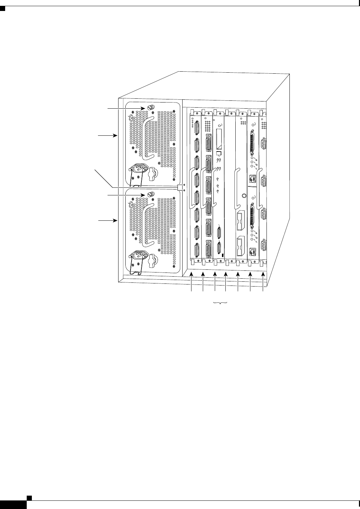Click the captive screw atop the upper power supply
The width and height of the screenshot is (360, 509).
coord(150,107)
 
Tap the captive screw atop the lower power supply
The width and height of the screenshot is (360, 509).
coord(150,194)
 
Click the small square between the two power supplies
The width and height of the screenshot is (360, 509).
coord(181,187)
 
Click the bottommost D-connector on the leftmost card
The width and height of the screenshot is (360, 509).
coord(197,249)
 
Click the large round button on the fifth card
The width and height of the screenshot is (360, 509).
coord(244,196)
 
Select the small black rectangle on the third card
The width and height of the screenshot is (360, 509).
coord(223,255)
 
